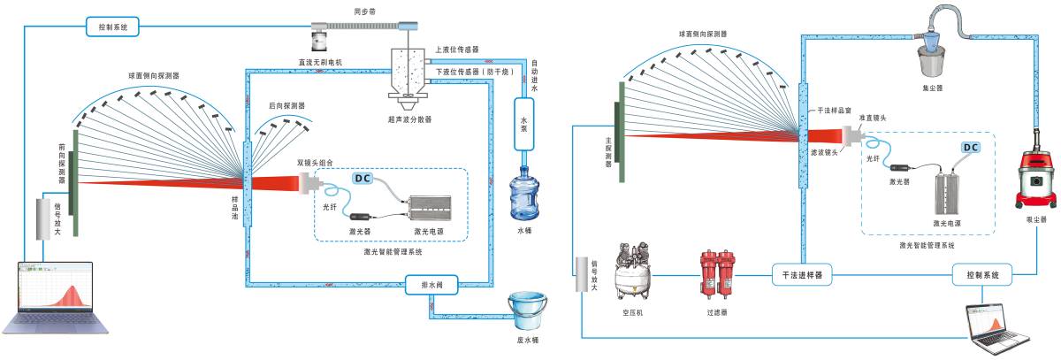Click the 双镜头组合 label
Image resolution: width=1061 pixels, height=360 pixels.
316,163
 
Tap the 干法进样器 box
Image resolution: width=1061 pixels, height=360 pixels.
802,275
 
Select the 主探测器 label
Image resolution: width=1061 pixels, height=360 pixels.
608,150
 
